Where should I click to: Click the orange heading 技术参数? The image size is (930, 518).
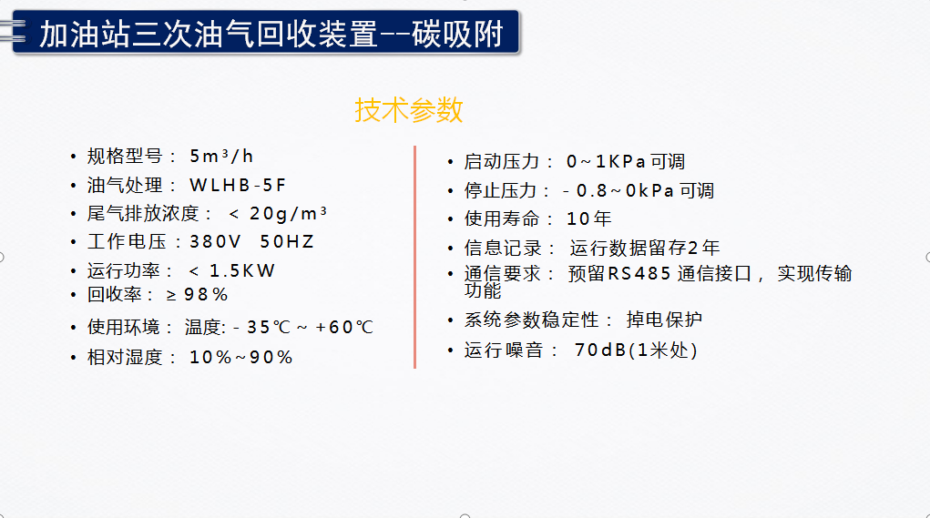coord(409,110)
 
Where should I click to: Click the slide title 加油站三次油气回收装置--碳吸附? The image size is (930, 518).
coord(271,34)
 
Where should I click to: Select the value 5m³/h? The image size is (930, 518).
coord(221,156)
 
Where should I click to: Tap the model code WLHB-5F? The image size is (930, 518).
coord(238,185)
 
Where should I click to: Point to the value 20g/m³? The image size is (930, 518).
coord(288,213)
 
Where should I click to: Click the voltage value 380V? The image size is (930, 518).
coord(215,242)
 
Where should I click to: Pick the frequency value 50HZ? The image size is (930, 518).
coord(287,242)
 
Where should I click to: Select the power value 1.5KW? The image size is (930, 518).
coord(242,271)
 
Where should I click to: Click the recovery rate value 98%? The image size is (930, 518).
coord(206,295)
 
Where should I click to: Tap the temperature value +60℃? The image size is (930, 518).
coord(344,327)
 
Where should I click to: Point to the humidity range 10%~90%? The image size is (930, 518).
coord(240,358)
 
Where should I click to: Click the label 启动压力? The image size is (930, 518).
coord(502,161)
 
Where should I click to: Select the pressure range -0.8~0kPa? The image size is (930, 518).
coord(618,191)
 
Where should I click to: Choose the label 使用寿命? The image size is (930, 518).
coord(502,218)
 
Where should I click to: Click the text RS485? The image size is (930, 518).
coord(639,273)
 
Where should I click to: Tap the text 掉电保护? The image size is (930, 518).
coord(664,320)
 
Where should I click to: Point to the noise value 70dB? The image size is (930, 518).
coord(600,350)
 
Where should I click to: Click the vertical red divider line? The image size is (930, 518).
coord(414,258)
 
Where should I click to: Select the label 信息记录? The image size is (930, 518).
coord(502,248)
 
